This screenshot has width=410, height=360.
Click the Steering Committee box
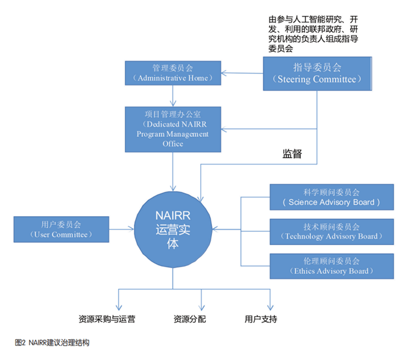tap(317, 73)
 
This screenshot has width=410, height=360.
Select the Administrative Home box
tap(174, 73)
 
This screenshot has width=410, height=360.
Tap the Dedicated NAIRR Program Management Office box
tap(174, 129)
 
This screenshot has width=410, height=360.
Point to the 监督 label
tap(291, 153)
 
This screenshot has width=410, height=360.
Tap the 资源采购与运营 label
tap(107, 319)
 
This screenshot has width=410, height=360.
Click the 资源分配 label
tap(189, 319)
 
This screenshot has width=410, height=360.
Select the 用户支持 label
tap(261, 319)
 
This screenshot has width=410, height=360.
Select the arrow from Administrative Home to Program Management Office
tap(174, 95)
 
